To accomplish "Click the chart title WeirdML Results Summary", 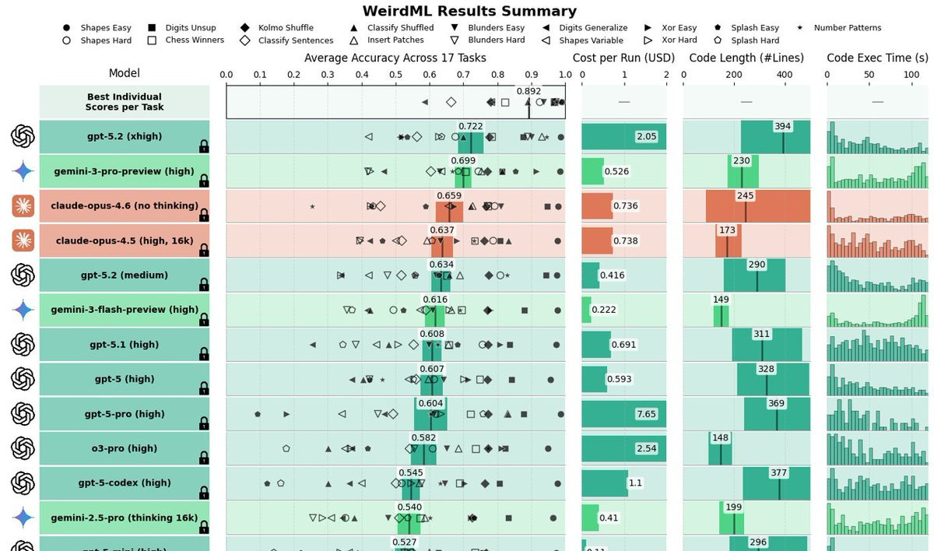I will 469,11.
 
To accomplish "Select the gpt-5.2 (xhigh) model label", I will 125,136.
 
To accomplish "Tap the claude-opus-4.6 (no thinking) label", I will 125,205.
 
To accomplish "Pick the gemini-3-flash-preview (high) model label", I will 125,309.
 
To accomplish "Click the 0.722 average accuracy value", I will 471,125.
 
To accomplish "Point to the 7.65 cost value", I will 646,414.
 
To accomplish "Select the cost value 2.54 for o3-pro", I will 646,448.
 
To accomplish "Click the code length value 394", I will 782,126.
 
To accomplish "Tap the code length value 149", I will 722,299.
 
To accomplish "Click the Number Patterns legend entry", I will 848,28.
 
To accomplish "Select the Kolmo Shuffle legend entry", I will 286,28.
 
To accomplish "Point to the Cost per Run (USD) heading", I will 623,58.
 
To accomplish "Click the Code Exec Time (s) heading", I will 877,58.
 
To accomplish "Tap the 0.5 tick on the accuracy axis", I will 395,75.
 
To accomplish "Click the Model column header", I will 125,73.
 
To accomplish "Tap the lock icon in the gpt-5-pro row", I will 204,423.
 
